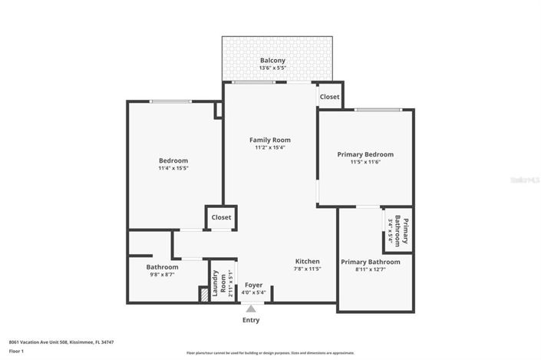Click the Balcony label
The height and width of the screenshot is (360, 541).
[x=272, y=60]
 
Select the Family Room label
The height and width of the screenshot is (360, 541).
[x=269, y=140]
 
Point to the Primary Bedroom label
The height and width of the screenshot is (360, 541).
[x=365, y=154]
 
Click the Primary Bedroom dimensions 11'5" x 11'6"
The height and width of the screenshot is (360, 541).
[x=365, y=162]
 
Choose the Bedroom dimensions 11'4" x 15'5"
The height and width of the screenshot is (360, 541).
[x=173, y=167]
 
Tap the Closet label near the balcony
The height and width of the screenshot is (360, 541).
[x=329, y=97]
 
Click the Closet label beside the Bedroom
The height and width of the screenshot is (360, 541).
[x=221, y=217]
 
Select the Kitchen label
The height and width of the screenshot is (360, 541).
[x=307, y=261]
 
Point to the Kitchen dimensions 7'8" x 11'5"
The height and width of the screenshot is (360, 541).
[x=307, y=269]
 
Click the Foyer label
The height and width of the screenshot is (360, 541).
[x=253, y=285]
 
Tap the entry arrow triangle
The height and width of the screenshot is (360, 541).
[x=251, y=308]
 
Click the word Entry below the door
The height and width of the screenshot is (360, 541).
[x=251, y=320]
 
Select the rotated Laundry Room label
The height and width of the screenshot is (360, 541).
[x=219, y=282]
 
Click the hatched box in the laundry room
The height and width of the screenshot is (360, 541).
[x=203, y=295]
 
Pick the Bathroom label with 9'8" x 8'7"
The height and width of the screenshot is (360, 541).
[x=162, y=267]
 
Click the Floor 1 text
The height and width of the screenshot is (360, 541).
[x=17, y=351]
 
